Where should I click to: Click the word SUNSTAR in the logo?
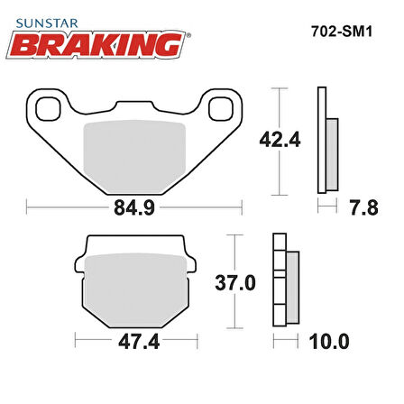click(x=47, y=23)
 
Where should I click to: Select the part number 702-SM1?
click(x=342, y=31)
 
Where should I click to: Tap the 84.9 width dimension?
click(x=134, y=207)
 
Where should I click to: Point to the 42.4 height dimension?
click(x=280, y=140)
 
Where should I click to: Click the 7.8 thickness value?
click(x=363, y=207)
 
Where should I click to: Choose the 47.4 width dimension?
click(x=139, y=342)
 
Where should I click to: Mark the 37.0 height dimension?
click(x=235, y=283)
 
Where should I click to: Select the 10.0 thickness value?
click(x=329, y=342)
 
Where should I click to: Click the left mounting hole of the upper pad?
click(x=48, y=109)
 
